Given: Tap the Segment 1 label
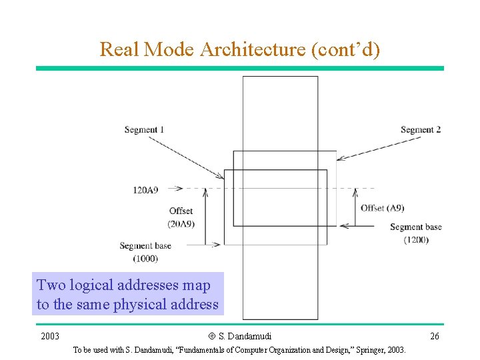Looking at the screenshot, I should tap(144, 129).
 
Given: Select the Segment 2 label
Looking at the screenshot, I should tap(421, 129).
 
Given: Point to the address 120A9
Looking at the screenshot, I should tap(145, 190).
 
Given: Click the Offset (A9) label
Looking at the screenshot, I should tap(382, 208).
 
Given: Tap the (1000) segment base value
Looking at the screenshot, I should tap(145, 258).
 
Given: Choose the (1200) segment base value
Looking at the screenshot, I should tap(416, 239).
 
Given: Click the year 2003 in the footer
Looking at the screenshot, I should tap(50, 336).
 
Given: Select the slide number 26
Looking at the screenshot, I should tap(434, 336).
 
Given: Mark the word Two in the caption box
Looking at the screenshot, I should tap(51, 285).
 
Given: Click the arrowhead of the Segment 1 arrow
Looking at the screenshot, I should tap(221, 177).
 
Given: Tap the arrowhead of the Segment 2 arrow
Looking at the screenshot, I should tap(339, 159).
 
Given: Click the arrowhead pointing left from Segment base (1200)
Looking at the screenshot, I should tap(343, 226).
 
